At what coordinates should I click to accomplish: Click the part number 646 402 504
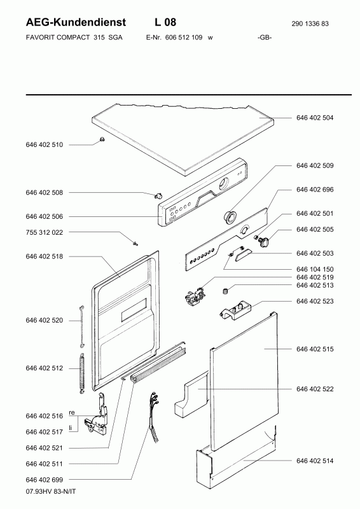(315, 118)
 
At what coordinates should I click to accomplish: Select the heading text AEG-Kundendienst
(76, 22)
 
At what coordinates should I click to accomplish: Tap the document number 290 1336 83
(310, 24)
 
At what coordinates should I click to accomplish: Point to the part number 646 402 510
(44, 145)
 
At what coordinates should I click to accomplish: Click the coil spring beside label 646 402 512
(82, 373)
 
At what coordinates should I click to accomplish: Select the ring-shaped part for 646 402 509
(230, 216)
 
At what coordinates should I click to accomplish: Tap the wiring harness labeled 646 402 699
(153, 415)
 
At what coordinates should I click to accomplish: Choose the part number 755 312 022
(44, 232)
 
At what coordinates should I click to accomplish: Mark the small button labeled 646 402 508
(159, 195)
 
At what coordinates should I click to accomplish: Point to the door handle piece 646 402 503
(242, 253)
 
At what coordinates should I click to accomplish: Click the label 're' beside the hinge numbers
(72, 412)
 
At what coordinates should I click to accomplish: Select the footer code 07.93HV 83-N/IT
(51, 491)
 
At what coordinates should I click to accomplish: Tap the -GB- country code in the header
(265, 38)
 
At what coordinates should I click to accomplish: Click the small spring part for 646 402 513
(225, 291)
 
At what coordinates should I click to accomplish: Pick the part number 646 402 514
(315, 461)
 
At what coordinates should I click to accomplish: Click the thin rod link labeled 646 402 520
(82, 326)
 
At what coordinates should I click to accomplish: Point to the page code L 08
(165, 22)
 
